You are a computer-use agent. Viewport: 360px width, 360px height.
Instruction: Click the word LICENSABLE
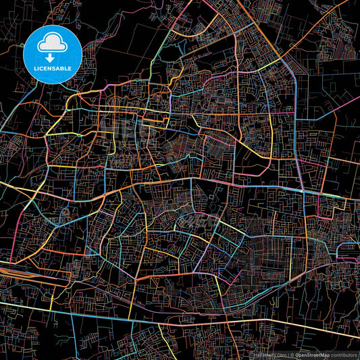52,69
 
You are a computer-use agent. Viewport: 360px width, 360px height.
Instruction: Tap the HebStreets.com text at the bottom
269,354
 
